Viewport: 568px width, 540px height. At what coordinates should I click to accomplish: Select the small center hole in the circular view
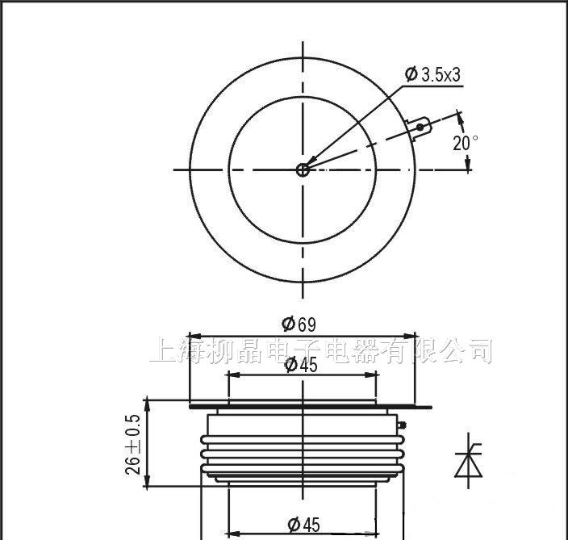(x=303, y=170)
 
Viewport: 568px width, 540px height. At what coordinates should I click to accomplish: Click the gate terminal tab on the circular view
(x=420, y=127)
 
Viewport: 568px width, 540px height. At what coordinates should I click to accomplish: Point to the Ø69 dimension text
(x=299, y=324)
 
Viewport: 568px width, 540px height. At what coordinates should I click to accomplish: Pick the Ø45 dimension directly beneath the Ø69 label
(x=301, y=365)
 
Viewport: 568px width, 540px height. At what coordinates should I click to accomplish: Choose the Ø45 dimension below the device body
(x=303, y=525)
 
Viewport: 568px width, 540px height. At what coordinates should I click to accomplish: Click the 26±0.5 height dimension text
(x=134, y=445)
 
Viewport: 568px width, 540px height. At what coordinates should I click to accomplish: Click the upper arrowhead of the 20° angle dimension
(x=461, y=118)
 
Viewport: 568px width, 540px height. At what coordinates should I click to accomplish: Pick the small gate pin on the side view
(x=401, y=424)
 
